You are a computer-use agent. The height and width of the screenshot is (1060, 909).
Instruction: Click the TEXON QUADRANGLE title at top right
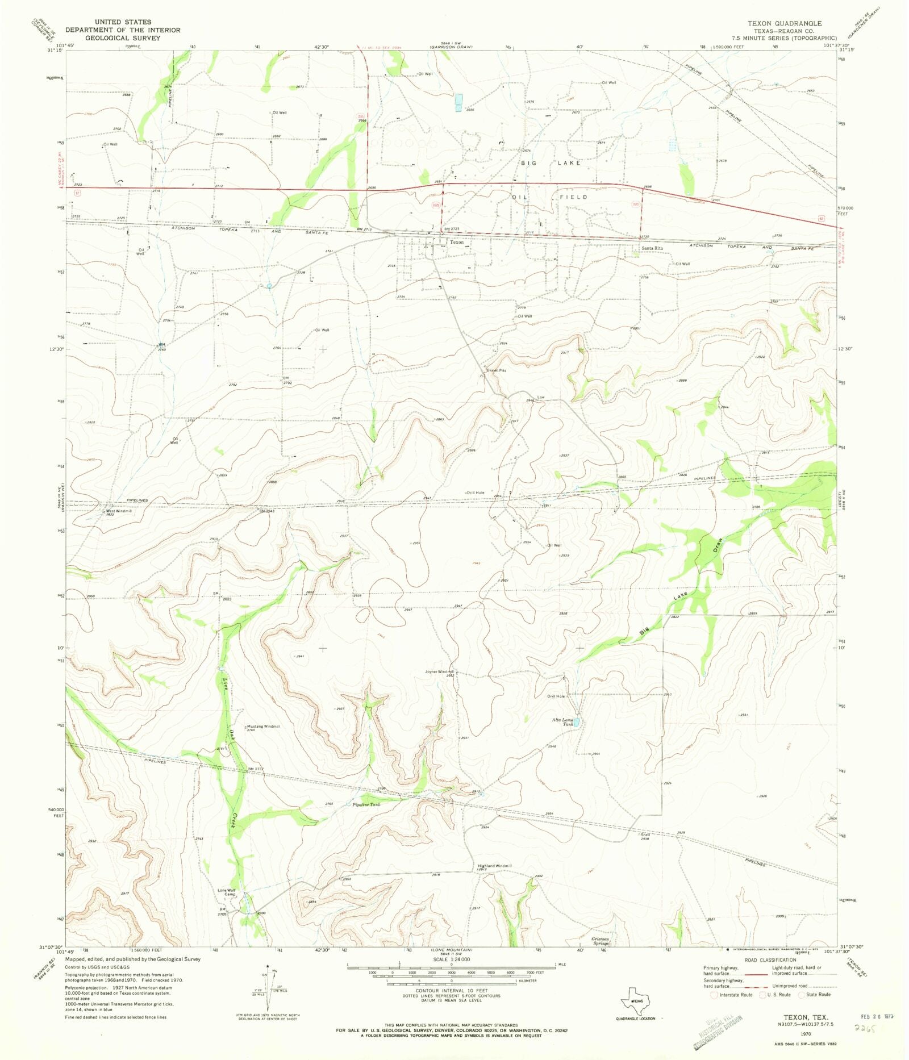(784, 23)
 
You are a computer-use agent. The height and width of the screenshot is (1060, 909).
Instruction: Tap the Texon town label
(457, 243)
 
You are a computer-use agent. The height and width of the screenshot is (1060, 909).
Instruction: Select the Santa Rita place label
(652, 248)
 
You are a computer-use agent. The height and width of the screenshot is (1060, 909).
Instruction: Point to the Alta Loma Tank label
(563, 722)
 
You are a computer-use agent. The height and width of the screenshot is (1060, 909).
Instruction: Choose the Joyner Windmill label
(440, 671)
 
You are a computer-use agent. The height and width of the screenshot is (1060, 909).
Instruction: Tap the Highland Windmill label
(494, 866)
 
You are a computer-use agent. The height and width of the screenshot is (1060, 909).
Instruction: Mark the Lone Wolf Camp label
(227, 892)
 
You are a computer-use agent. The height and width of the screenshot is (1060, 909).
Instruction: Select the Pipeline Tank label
(366, 805)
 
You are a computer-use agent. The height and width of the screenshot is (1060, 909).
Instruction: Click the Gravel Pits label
(496, 370)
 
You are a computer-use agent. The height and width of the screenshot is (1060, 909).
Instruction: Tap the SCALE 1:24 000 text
(452, 959)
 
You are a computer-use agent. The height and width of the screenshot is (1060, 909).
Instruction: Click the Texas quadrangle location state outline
(635, 1002)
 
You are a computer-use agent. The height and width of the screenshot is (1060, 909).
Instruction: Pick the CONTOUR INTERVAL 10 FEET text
(452, 991)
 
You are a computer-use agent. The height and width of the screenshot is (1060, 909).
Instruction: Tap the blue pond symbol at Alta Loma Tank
(576, 723)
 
